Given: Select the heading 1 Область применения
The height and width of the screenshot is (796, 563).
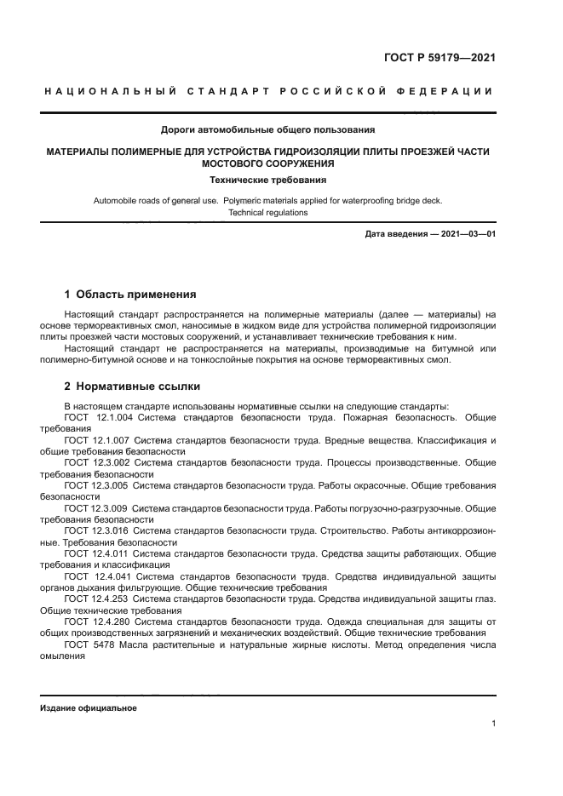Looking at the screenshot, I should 130,295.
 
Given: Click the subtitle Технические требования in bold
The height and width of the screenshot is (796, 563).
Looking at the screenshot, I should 268,180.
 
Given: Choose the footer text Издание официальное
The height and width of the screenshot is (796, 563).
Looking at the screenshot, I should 88,708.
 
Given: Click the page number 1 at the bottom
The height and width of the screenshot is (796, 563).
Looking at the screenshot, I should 493,724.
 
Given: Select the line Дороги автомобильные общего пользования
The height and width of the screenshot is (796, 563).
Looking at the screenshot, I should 268,130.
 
